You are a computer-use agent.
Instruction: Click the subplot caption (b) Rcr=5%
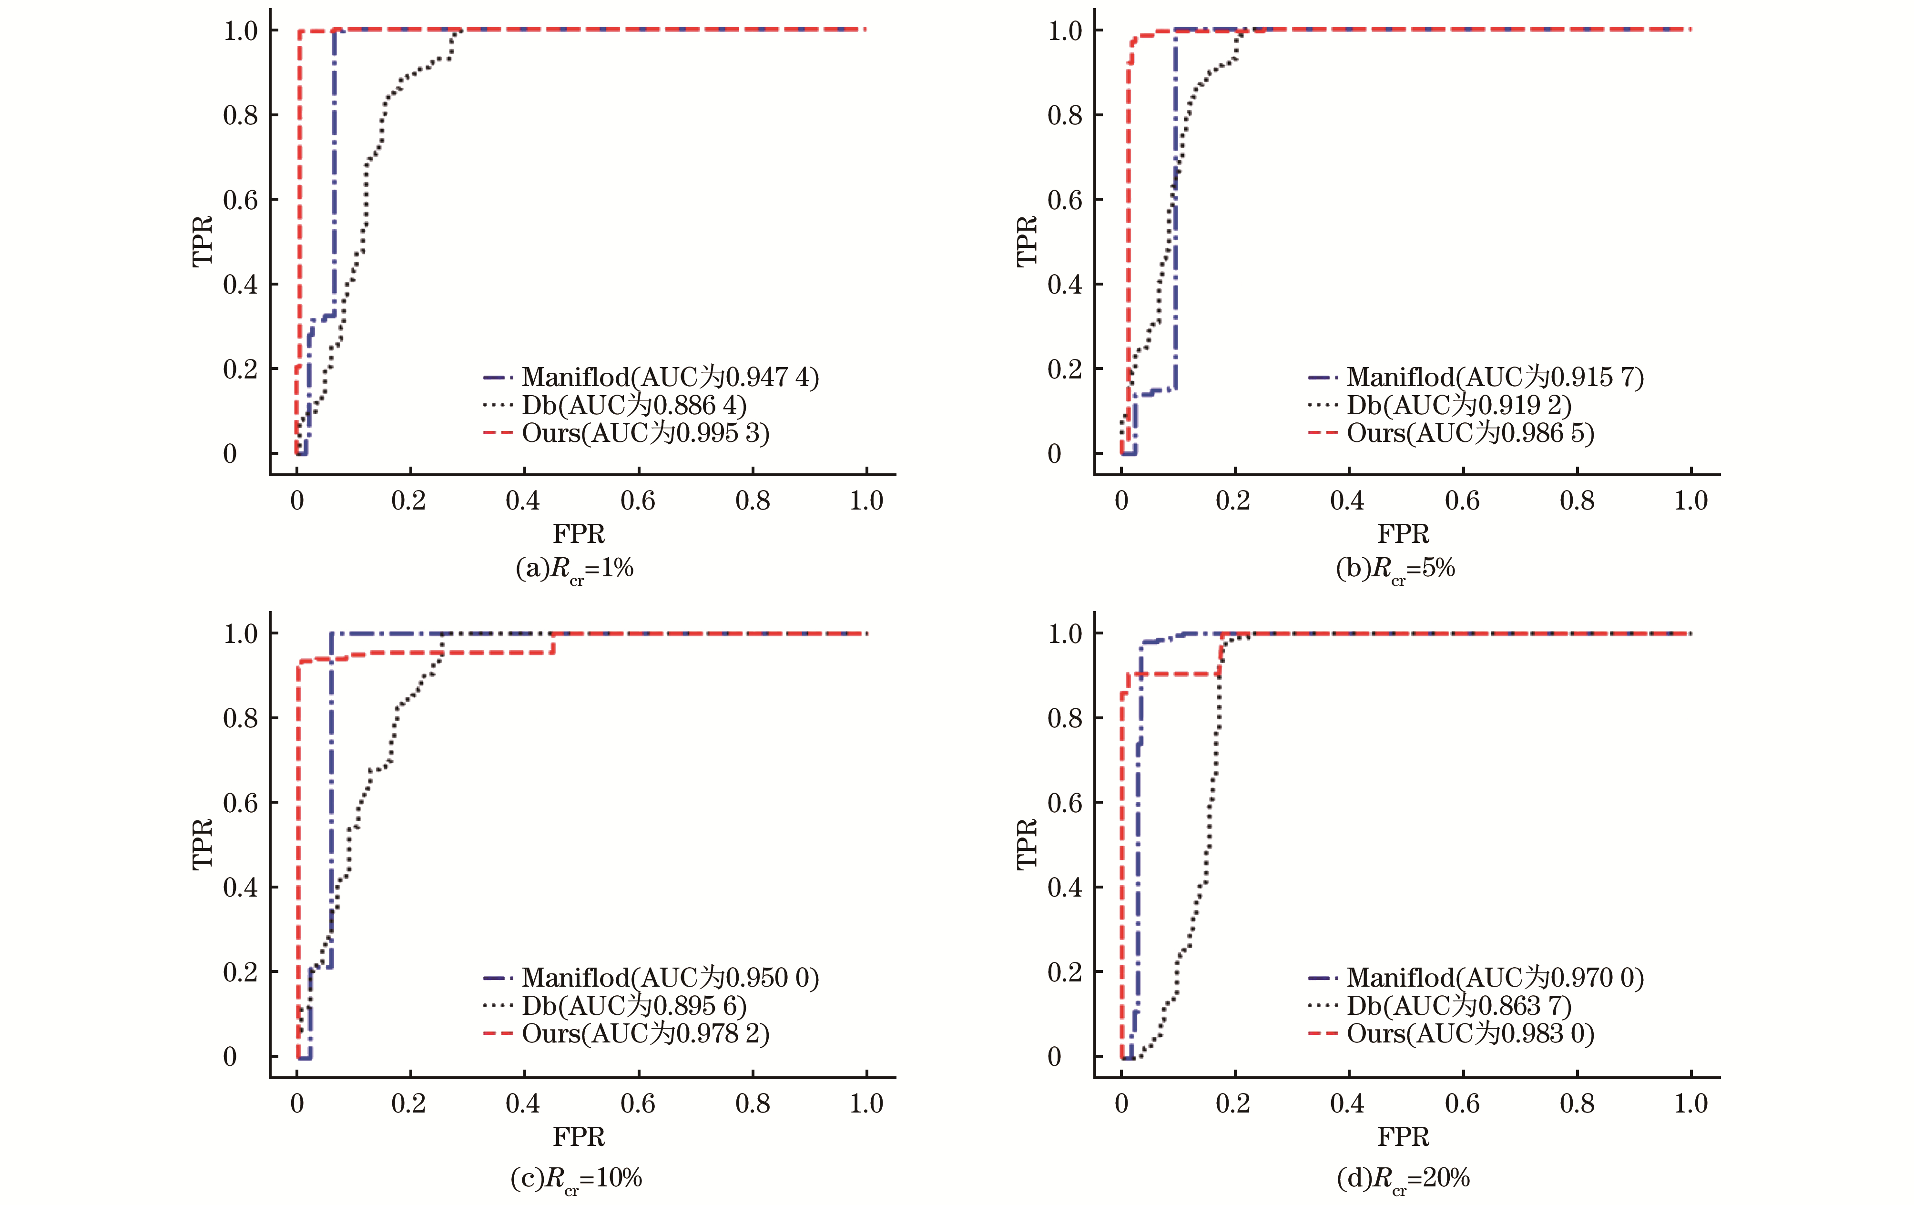1396,568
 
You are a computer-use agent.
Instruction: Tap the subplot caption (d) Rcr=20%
1403,1178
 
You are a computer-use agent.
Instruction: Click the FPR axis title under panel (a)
579,533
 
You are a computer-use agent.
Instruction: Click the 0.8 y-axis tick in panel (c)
240,718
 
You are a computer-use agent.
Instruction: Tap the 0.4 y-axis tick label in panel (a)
240,285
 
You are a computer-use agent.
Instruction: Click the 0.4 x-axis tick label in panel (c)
523,1103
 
